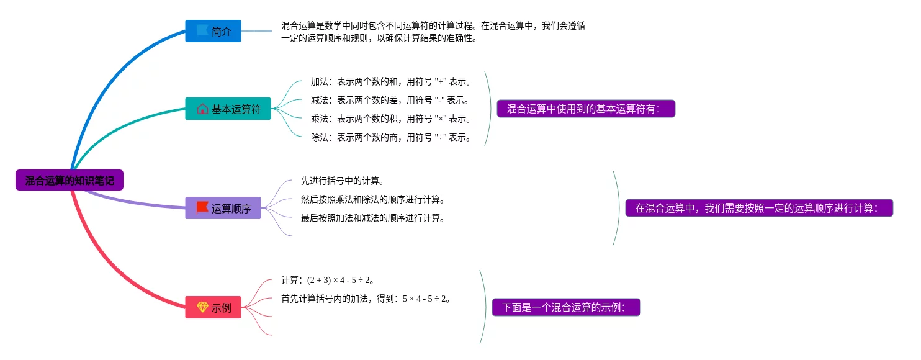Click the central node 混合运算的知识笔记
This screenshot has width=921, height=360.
point(70,181)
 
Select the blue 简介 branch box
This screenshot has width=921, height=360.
point(213,31)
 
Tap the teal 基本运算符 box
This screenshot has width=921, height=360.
point(228,109)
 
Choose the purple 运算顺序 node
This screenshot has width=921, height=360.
point(223,208)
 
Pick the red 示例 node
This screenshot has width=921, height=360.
point(213,307)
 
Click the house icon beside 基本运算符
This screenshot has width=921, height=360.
point(202,109)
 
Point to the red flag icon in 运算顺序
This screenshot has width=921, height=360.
point(202,208)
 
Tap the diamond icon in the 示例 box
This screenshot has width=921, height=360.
point(202,307)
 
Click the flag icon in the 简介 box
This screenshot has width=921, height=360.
point(202,30)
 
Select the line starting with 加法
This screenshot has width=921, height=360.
point(391,81)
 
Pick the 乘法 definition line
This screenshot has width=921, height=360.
point(391,119)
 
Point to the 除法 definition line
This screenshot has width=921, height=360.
point(391,137)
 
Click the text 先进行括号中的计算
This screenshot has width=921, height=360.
point(343,181)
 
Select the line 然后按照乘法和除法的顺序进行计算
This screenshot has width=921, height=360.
point(373,199)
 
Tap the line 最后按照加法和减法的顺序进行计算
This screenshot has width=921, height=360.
point(373,218)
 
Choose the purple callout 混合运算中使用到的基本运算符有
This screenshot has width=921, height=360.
point(585,109)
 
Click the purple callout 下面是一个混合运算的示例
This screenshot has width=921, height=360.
point(565,307)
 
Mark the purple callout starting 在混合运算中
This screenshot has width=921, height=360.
point(758,208)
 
